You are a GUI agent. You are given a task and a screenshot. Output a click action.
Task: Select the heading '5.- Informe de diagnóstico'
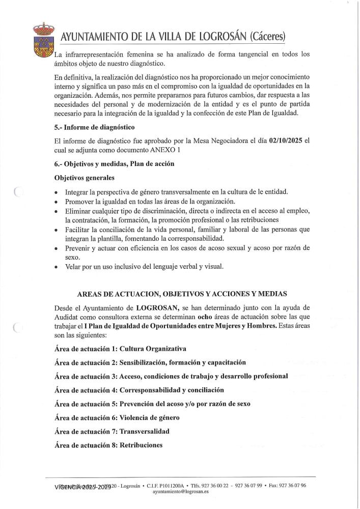[x=94, y=126]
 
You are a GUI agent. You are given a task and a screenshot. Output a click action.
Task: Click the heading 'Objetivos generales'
[x=84, y=178]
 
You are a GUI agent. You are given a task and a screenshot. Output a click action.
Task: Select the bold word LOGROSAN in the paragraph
[x=156, y=307]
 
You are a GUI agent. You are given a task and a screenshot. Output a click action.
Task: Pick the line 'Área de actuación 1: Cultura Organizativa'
[x=120, y=349]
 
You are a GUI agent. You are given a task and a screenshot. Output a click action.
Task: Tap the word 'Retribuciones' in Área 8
[x=141, y=445]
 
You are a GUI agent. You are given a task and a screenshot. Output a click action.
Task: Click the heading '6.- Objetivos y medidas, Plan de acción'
[x=114, y=163]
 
